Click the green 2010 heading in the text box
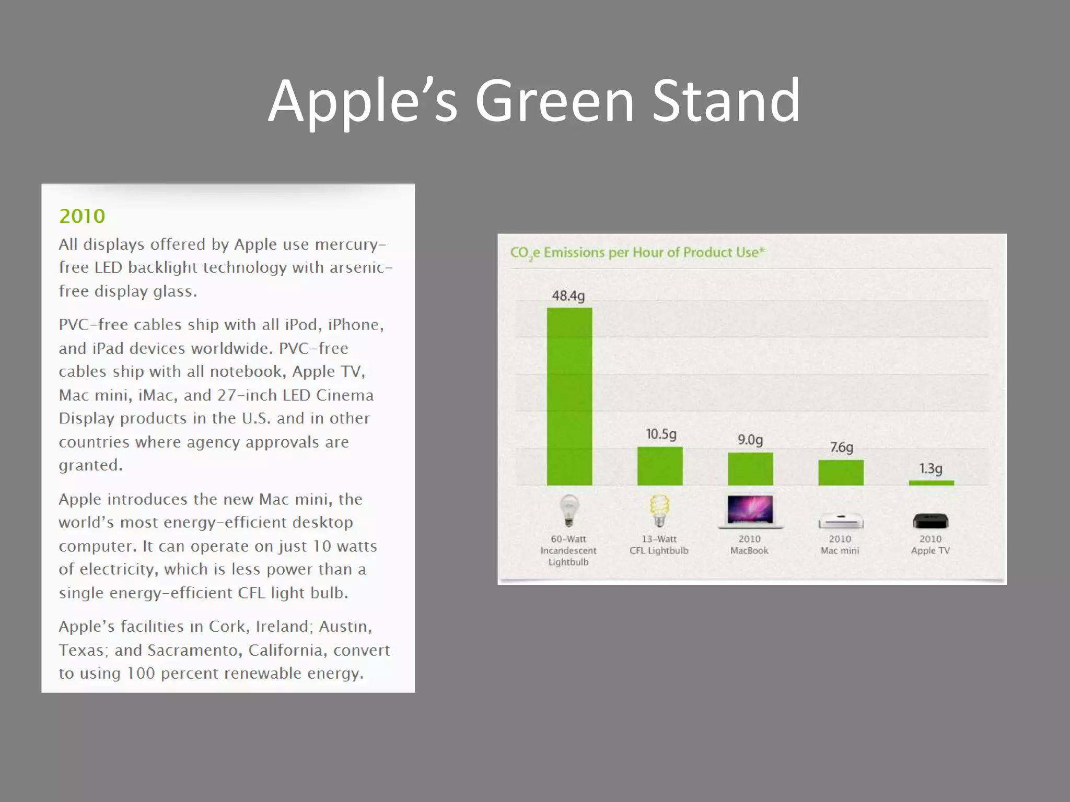pyautogui.click(x=82, y=216)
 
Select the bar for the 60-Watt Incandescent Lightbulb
pyautogui.click(x=569, y=397)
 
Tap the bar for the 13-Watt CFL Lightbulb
pyautogui.click(x=659, y=466)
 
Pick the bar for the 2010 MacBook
pyautogui.click(x=750, y=468)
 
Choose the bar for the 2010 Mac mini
pyautogui.click(x=840, y=472)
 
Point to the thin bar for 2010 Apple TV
pyautogui.click(x=931, y=483)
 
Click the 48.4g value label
pyautogui.click(x=568, y=296)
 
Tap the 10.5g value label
pyautogui.click(x=661, y=434)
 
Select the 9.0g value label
pyautogui.click(x=750, y=440)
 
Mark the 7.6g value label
pyautogui.click(x=841, y=447)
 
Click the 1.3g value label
pyautogui.click(x=931, y=468)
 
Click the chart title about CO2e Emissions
pyautogui.click(x=637, y=253)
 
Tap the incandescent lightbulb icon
pyautogui.click(x=569, y=511)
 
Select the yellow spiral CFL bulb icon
pyautogui.click(x=659, y=511)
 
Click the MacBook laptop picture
pyautogui.click(x=750, y=511)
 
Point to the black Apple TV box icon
pyautogui.click(x=931, y=521)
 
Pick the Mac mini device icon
pyautogui.click(x=840, y=521)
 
